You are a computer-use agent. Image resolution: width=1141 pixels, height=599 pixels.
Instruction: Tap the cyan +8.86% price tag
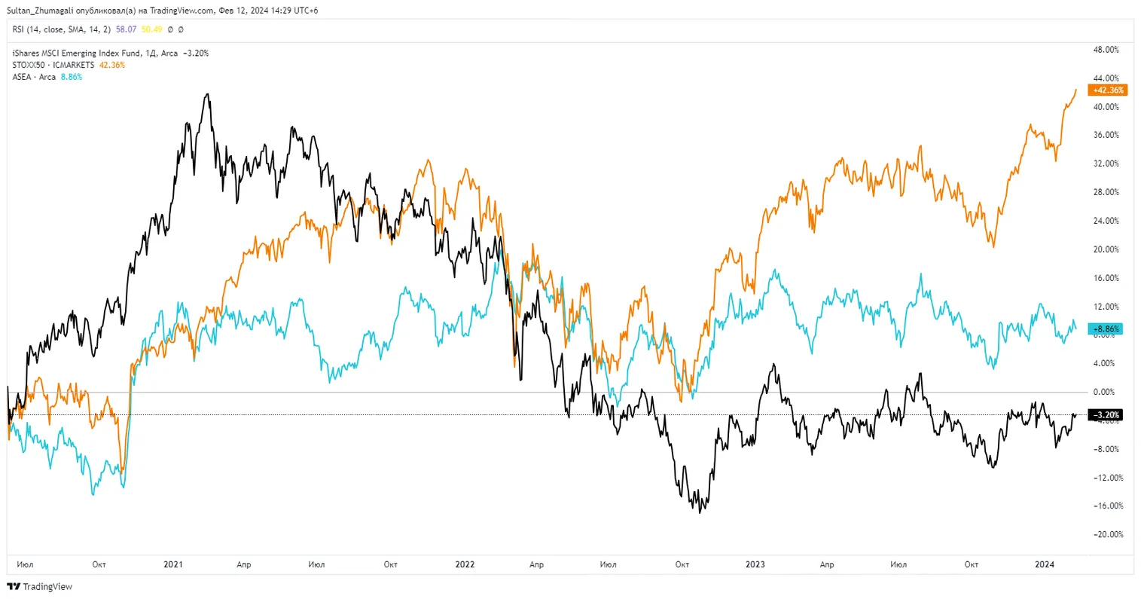(x=1106, y=329)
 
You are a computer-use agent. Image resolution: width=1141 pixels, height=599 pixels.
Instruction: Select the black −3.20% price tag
(x=1106, y=415)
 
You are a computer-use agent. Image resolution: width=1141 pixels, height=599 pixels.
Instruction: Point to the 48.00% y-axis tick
(x=1106, y=50)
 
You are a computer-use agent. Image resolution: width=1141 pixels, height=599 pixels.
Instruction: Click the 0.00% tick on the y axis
(x=1105, y=393)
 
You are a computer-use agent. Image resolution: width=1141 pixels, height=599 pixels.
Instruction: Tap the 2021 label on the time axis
(x=173, y=564)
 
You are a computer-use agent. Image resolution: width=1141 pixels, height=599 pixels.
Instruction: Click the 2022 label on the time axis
(x=465, y=564)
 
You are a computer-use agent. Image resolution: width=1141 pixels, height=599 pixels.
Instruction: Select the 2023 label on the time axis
(x=755, y=564)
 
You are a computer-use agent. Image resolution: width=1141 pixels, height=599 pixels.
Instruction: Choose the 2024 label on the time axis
(x=1045, y=564)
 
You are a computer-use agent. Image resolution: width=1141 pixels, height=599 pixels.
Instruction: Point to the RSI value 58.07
(x=126, y=29)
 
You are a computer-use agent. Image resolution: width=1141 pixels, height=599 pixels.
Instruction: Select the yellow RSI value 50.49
(x=151, y=29)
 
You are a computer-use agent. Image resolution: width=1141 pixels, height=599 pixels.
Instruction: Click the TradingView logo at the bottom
(x=40, y=586)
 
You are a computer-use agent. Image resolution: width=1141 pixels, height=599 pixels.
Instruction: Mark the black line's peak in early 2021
(x=208, y=94)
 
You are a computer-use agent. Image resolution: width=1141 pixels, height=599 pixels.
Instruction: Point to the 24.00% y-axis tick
(x=1106, y=222)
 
